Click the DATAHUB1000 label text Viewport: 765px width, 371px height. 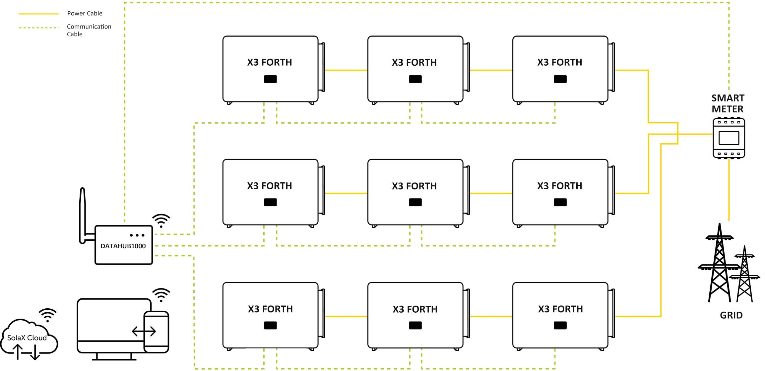tap(123, 246)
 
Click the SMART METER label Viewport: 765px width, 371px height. tap(728, 103)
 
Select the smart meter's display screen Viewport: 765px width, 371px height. tap(729, 138)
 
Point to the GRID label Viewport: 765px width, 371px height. tap(731, 315)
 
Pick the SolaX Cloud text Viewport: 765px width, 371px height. tap(27, 338)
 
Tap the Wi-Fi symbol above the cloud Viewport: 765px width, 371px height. tap(48, 315)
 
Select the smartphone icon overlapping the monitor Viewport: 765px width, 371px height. tap(156, 332)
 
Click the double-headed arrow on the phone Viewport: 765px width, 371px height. tap(144, 331)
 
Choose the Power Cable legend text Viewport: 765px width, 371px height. tap(85, 13)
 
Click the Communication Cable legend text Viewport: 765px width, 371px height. tap(89, 30)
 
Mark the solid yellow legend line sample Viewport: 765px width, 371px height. tap(38, 14)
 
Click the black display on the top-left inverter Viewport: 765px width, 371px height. tap(270, 79)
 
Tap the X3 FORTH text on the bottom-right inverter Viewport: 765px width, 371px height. tap(560, 309)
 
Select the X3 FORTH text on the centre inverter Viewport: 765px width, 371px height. tap(414, 186)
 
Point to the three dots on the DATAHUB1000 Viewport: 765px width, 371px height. tap(137, 235)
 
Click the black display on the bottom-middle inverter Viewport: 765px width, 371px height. tap(415, 326)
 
